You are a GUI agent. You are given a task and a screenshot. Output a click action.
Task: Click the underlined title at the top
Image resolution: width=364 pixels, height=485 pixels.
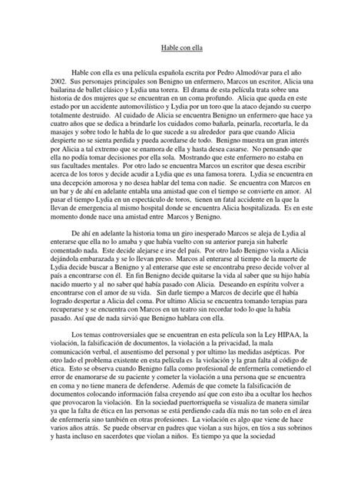(x=182, y=46)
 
